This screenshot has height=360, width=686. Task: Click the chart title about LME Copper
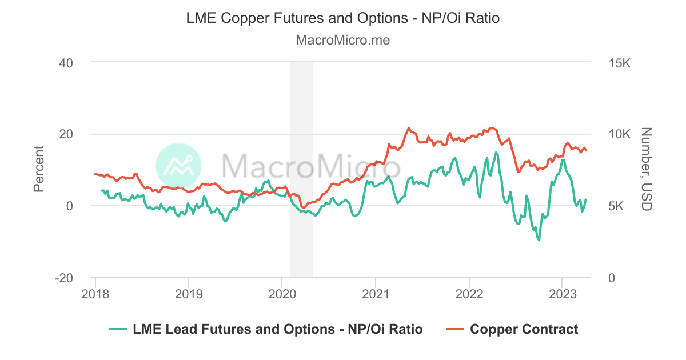tap(343, 18)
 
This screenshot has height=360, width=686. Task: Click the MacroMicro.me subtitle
tap(343, 40)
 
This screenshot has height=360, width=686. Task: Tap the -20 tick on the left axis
tap(64, 278)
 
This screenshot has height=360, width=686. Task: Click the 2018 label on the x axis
tap(95, 293)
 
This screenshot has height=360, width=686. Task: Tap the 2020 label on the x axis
tap(282, 293)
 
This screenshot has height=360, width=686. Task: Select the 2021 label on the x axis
tap(375, 293)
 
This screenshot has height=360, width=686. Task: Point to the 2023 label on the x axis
tap(562, 293)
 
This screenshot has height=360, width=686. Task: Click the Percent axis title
tap(39, 169)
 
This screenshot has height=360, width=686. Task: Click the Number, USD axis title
tap(647, 169)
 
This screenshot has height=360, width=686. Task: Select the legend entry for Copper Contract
tap(524, 329)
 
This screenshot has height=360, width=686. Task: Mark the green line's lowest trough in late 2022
tap(539, 240)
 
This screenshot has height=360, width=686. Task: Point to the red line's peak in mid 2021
tap(409, 128)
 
